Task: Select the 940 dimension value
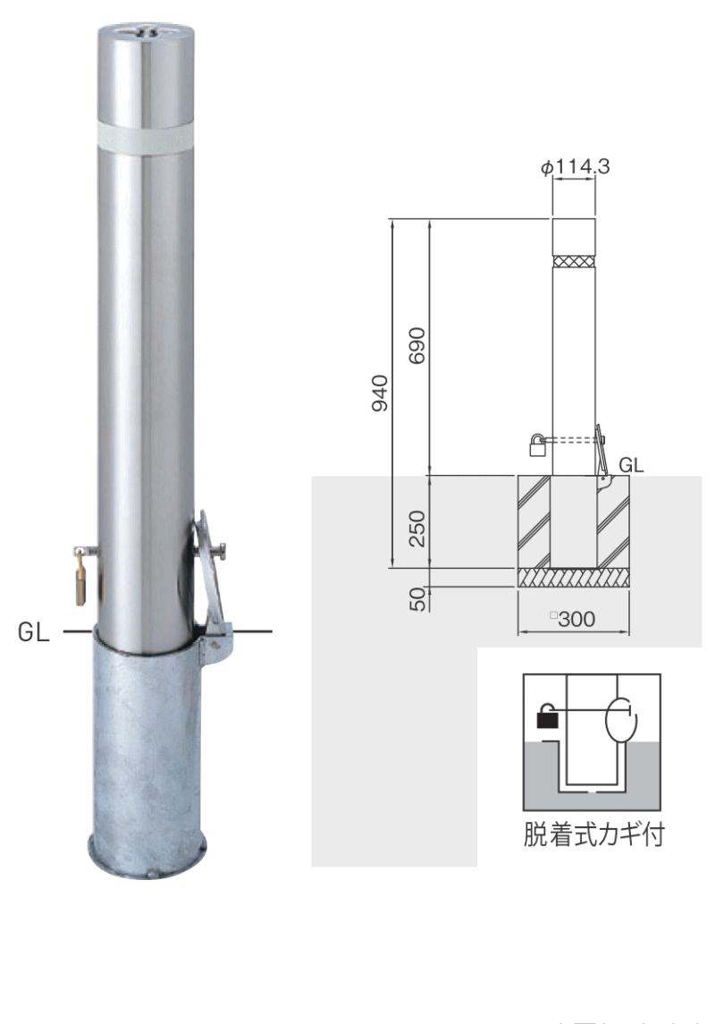[x=380, y=394]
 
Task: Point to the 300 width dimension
[x=574, y=618]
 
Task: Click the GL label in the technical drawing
[x=631, y=464]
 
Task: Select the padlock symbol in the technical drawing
[x=537, y=445]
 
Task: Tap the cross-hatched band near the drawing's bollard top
[x=574, y=261]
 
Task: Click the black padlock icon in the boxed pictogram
[x=545, y=717]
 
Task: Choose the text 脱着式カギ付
[x=593, y=838]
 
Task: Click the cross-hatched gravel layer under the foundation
[x=574, y=578]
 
